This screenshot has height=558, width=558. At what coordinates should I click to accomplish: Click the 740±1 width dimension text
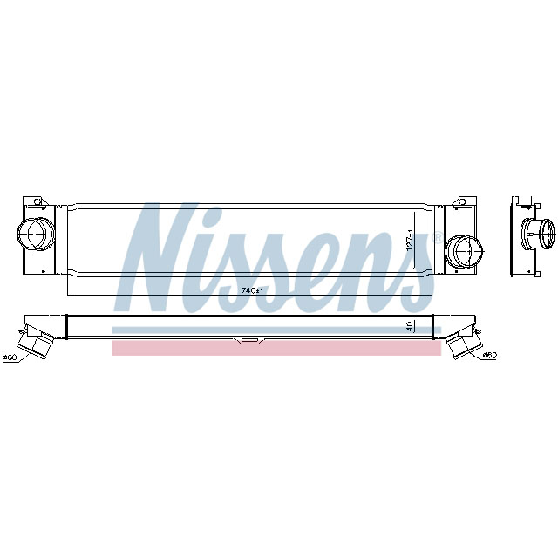(250, 289)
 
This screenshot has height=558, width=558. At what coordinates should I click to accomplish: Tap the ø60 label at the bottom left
(10, 357)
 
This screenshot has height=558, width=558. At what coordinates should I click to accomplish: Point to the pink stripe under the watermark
(276, 349)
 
